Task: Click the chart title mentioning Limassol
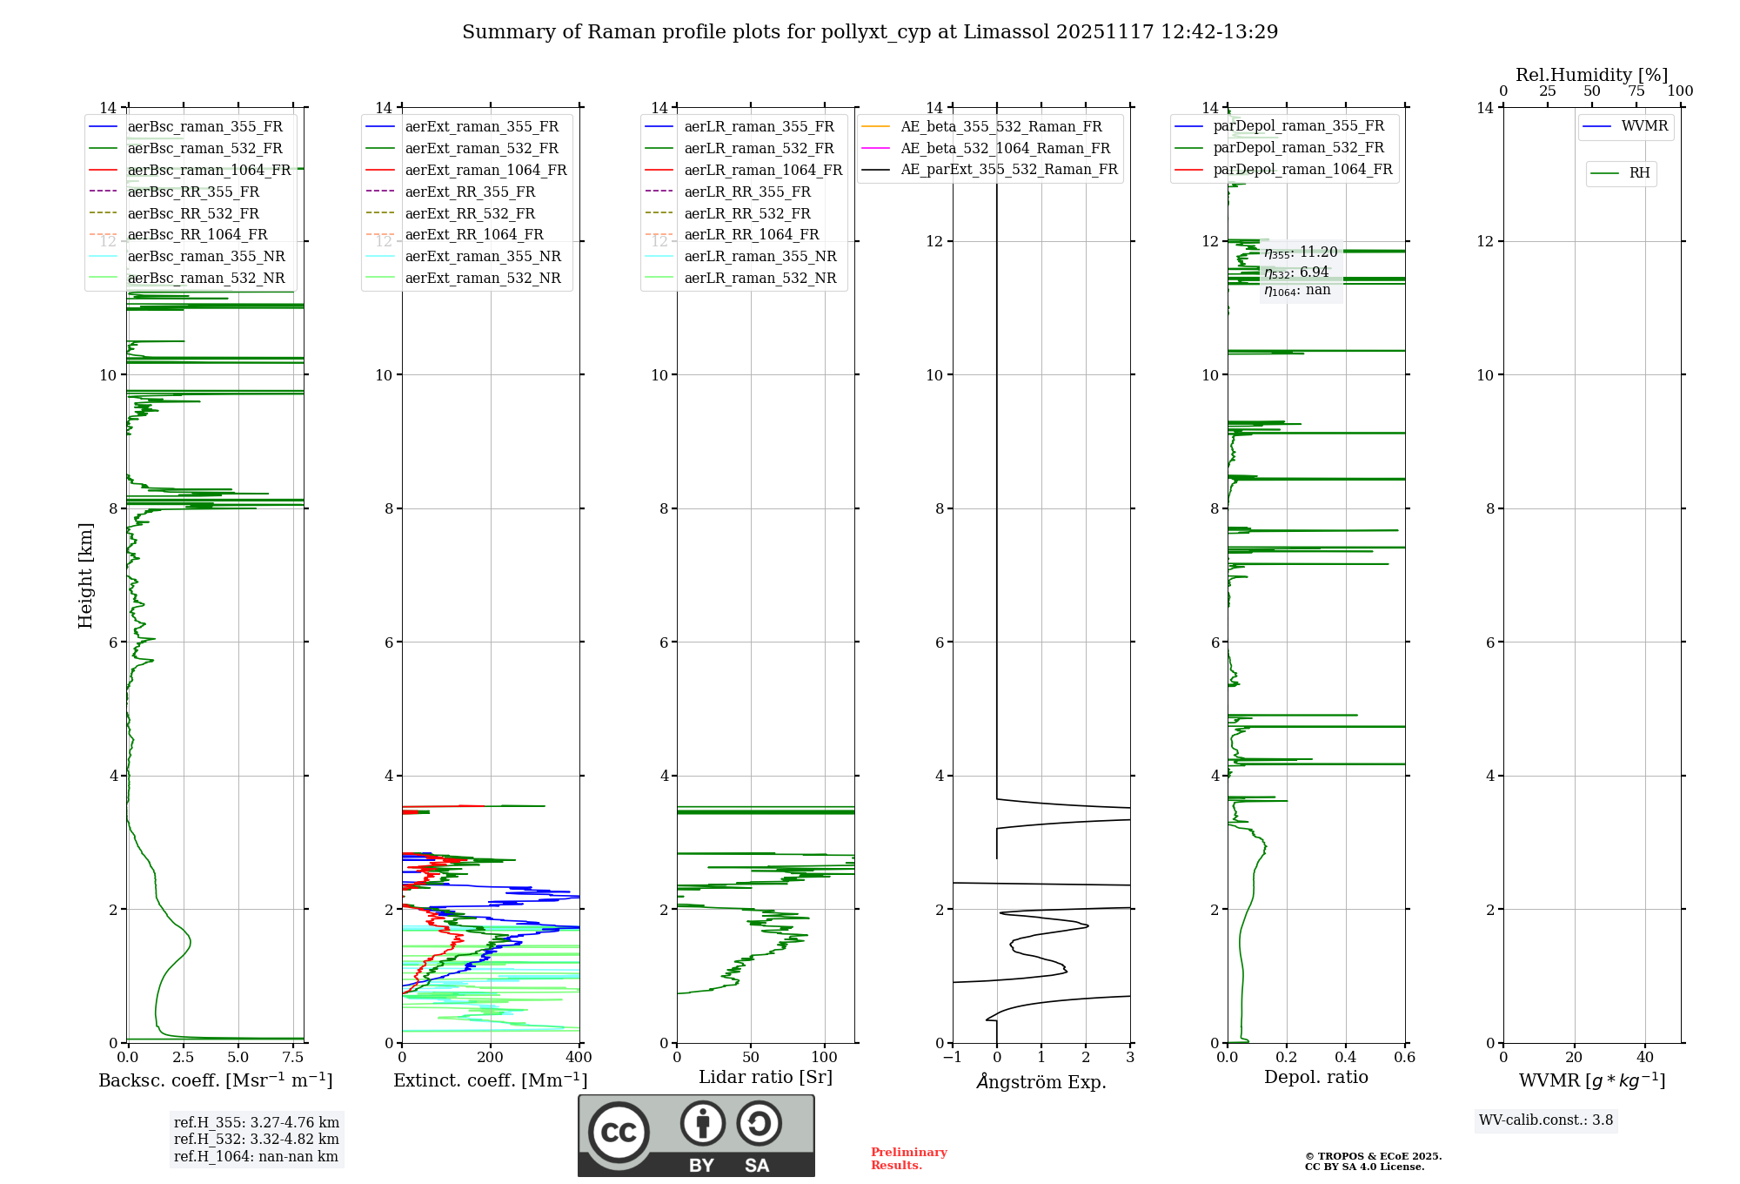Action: (x=870, y=32)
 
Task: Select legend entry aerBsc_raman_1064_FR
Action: (x=209, y=170)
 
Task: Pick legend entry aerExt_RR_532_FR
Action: (x=470, y=213)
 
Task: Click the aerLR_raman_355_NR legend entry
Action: (x=760, y=256)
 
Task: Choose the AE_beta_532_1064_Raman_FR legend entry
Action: (x=1005, y=148)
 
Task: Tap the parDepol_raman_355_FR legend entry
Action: (x=1298, y=126)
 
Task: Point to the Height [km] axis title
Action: (x=85, y=575)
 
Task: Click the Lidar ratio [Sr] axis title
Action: (x=766, y=1077)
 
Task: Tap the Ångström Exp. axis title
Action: (x=1041, y=1081)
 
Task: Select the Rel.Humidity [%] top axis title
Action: (x=1591, y=75)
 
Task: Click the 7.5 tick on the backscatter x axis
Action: (x=293, y=1058)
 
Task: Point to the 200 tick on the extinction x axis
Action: (x=491, y=1058)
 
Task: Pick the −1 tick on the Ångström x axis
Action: (x=953, y=1058)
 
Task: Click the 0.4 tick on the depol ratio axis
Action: (x=1346, y=1058)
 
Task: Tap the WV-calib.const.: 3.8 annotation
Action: (x=1546, y=1120)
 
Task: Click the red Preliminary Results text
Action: (x=908, y=1159)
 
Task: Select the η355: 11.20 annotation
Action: (x=1301, y=252)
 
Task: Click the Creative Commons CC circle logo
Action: (x=619, y=1133)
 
